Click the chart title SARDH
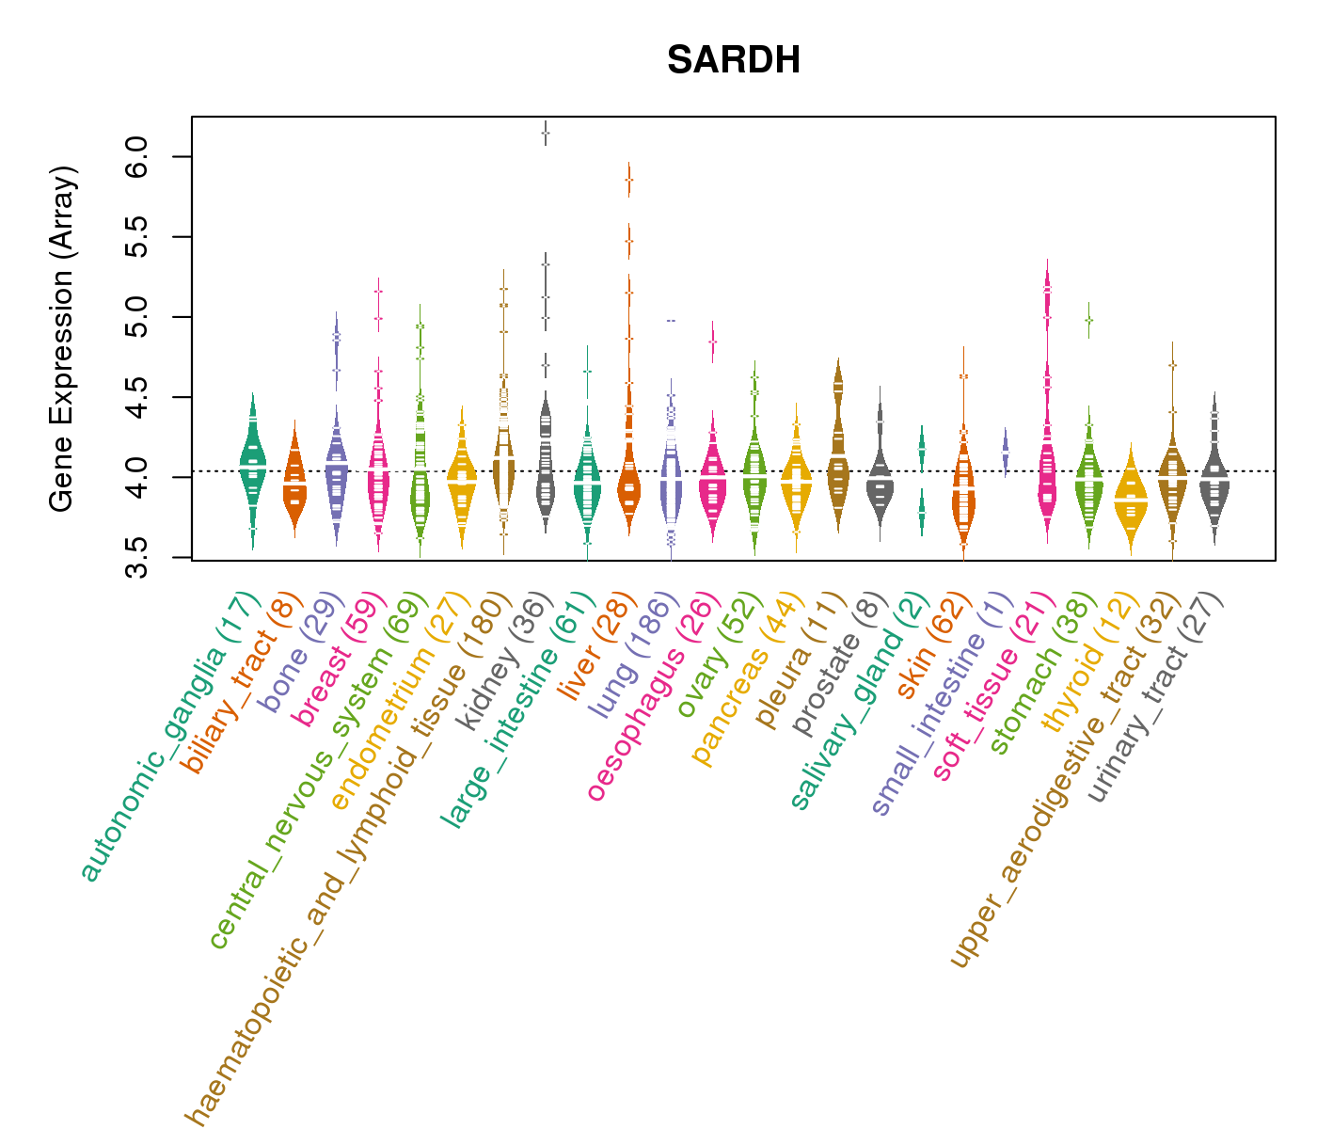pyautogui.click(x=734, y=61)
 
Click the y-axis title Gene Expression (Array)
pyautogui.click(x=62, y=340)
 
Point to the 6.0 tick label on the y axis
pyautogui.click(x=136, y=156)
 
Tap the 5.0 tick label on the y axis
pyautogui.click(x=136, y=317)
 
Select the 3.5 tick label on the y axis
pyautogui.click(x=136, y=558)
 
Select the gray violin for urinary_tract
pyautogui.click(x=1214, y=480)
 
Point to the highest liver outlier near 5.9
pyautogui.click(x=628, y=180)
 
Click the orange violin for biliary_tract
pyautogui.click(x=294, y=485)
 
